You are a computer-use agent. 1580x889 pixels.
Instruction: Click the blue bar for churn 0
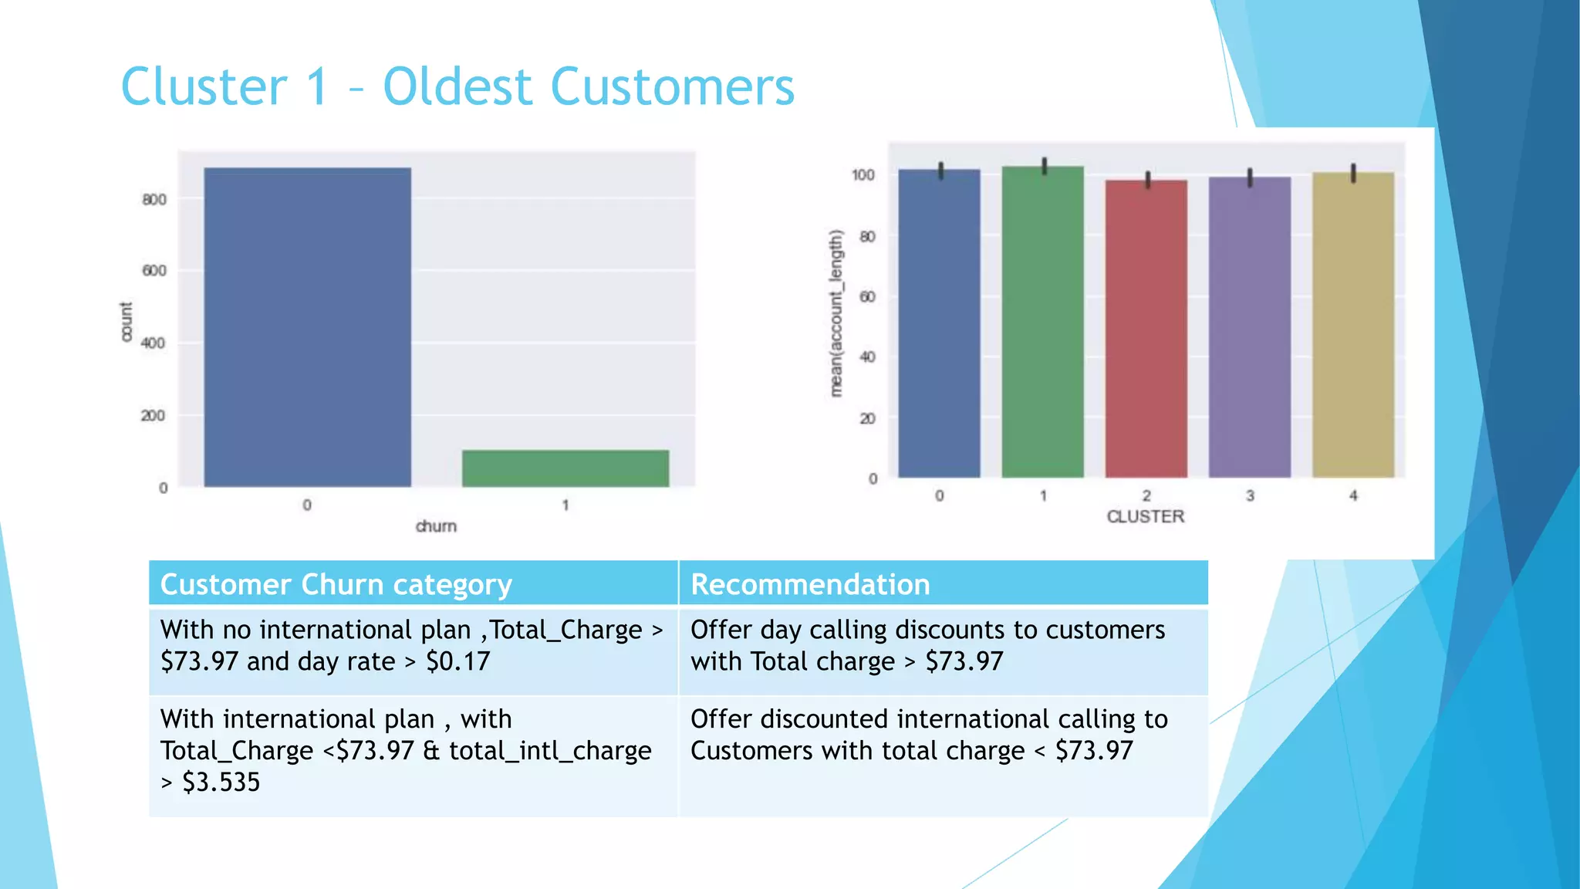coord(307,327)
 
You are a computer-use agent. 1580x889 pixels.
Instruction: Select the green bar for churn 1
coord(565,468)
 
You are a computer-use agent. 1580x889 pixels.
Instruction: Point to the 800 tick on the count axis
coord(154,200)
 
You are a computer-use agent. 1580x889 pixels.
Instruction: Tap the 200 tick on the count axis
coord(153,416)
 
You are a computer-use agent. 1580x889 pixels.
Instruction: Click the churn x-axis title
coord(436,526)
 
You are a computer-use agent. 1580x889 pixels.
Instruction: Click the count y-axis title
coord(127,321)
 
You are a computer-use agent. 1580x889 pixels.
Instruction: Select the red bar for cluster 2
coord(1146,329)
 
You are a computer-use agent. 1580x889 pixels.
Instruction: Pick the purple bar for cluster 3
coord(1249,327)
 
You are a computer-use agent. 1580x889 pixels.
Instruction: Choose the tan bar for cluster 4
coord(1352,325)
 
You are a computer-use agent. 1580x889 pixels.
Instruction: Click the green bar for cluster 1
coord(1042,322)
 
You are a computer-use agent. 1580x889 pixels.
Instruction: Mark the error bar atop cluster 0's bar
coord(940,170)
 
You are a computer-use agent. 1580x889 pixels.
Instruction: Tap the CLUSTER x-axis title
coord(1145,516)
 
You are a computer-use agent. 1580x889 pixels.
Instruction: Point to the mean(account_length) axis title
coord(836,313)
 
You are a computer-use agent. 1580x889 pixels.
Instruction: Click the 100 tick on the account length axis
coord(863,175)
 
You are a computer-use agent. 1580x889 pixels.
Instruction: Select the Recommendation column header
coord(810,584)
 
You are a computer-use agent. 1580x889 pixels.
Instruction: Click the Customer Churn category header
coord(336,584)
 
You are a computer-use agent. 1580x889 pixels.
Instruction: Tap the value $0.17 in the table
coord(457,661)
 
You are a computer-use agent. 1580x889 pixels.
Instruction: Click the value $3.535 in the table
coord(221,783)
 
